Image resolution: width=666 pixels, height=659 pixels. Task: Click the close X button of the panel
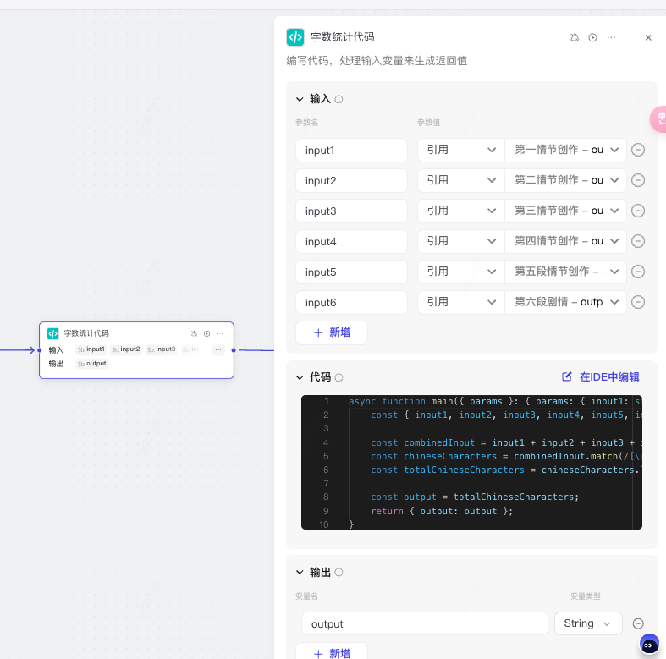pyautogui.click(x=648, y=37)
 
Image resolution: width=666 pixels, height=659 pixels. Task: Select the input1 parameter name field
pyautogui.click(x=351, y=151)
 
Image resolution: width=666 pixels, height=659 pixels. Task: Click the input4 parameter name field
pyautogui.click(x=351, y=242)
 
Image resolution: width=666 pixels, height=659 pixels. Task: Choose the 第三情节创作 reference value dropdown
pyautogui.click(x=565, y=211)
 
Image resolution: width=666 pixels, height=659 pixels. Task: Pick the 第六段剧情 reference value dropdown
pyautogui.click(x=565, y=303)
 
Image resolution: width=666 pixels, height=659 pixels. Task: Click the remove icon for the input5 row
pyautogui.click(x=639, y=272)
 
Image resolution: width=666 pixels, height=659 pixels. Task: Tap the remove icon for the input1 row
pyautogui.click(x=639, y=151)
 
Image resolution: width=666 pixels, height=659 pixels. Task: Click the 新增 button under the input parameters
pyautogui.click(x=332, y=333)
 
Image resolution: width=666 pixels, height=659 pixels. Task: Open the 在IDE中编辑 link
pyautogui.click(x=601, y=377)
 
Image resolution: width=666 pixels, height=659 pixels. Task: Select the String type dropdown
pyautogui.click(x=588, y=624)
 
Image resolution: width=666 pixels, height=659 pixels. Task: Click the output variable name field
pyautogui.click(x=424, y=624)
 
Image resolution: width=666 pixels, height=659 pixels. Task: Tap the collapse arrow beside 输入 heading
pyautogui.click(x=300, y=99)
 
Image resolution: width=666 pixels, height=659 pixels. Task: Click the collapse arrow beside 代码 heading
pyautogui.click(x=300, y=377)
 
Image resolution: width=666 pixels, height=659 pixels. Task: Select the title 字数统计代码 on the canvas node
pyautogui.click(x=86, y=333)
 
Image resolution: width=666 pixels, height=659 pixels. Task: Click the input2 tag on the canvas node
pyautogui.click(x=128, y=349)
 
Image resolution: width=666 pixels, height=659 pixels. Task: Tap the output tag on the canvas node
pyautogui.click(x=94, y=364)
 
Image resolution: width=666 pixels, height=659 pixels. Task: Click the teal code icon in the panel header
pyautogui.click(x=295, y=37)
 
